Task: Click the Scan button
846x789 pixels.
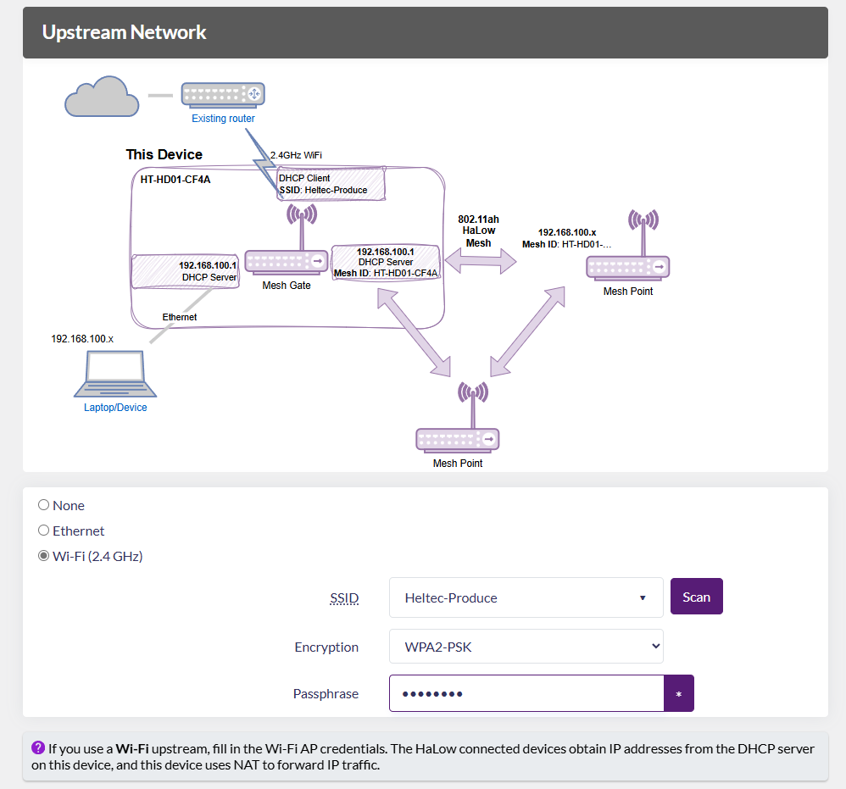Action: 696,597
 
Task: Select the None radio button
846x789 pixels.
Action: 43,505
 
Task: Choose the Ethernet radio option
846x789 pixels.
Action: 43,531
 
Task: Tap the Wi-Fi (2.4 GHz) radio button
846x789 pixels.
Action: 43,556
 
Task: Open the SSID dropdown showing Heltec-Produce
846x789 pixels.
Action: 526,597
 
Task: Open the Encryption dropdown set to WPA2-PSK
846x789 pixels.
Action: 526,647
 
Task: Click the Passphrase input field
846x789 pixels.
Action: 526,693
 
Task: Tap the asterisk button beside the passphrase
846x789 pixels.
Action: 678,693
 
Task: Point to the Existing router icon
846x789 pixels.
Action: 223,94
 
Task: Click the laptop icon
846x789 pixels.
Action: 115,375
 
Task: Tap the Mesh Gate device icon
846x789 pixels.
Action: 287,261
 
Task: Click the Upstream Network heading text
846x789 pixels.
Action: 124,33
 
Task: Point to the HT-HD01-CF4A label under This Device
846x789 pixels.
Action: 175,180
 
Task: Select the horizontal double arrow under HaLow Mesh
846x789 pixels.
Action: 481,260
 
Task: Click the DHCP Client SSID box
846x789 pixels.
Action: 331,184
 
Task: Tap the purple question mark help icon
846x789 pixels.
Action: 38,747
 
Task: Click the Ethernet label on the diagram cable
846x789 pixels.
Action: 180,317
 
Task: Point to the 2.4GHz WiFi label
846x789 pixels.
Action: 296,155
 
